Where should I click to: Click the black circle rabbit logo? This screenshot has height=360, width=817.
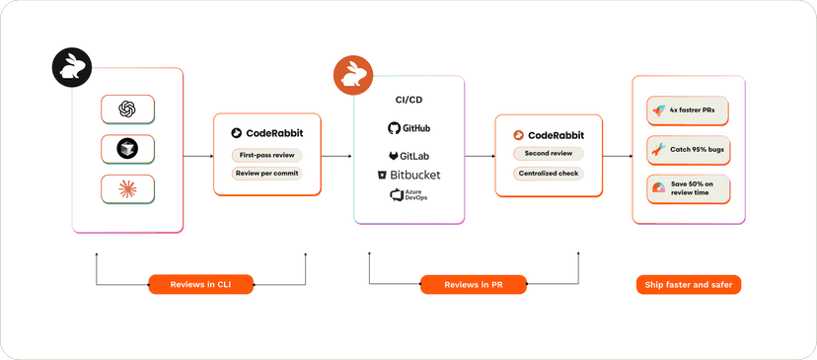point(72,68)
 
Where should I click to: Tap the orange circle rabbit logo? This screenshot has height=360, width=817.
point(353,76)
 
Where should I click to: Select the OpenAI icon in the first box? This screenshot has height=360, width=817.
point(127,108)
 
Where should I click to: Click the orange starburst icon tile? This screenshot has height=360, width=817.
point(127,187)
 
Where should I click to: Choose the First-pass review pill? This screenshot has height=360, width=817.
point(266,155)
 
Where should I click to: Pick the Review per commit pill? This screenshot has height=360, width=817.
point(266,174)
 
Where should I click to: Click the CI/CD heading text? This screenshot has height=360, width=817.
point(408,100)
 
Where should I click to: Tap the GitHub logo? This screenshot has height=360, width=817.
point(408,128)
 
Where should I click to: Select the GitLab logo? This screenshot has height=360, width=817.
point(408,156)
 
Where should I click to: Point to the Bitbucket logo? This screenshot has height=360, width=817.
point(408,175)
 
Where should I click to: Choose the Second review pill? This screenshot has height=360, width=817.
point(548,154)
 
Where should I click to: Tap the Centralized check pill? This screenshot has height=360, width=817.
point(548,174)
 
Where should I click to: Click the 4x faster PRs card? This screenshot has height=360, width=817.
point(689,110)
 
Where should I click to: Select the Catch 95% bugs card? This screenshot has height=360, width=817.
point(689,150)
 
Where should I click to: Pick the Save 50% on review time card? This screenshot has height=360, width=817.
point(689,188)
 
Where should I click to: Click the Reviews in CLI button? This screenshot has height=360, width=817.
point(201,284)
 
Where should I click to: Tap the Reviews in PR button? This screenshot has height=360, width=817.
point(474,284)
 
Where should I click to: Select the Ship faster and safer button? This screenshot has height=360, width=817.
point(688,284)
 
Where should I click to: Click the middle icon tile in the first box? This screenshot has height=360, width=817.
point(127,148)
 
